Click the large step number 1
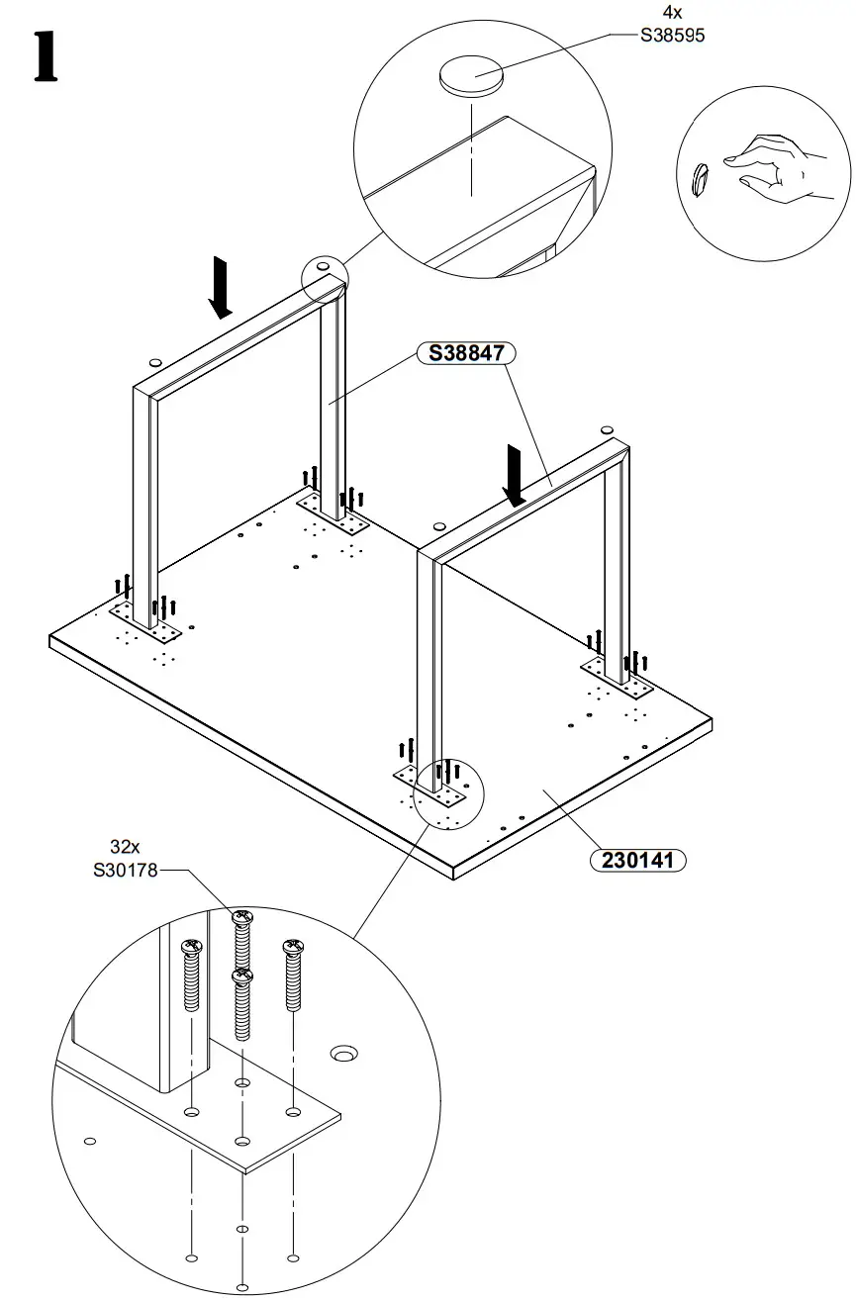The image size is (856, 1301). point(45,58)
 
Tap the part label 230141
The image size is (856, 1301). point(637,860)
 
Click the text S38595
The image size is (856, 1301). point(672,35)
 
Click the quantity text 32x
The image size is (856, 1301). point(126,848)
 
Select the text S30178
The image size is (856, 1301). point(125,871)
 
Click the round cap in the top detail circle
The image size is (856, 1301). point(471,76)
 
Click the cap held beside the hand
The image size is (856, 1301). point(701,180)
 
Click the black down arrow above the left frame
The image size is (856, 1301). point(221,287)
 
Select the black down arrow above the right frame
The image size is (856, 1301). point(515,476)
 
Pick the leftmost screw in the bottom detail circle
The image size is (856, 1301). point(192,975)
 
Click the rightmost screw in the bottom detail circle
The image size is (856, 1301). point(293,975)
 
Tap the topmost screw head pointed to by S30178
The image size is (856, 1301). point(241,918)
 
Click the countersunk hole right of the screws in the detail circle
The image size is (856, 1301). point(343,1053)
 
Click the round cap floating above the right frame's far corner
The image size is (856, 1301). point(607,431)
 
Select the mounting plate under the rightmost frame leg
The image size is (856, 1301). point(617,678)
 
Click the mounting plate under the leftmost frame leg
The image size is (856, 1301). point(145,621)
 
